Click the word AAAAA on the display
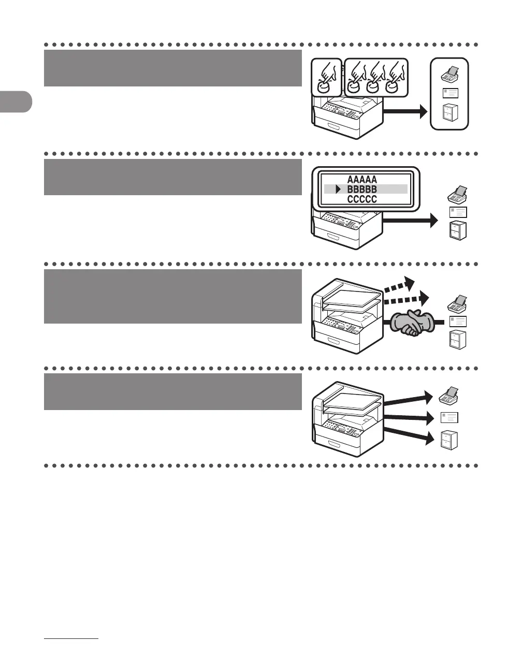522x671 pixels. coord(362,180)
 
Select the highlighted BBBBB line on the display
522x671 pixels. coord(366,189)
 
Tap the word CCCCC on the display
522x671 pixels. coord(362,199)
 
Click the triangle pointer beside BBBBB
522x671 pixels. coord(338,189)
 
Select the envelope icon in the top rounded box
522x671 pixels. coord(450,94)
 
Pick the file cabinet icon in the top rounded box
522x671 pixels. coord(450,113)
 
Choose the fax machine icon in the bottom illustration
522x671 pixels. coord(447,396)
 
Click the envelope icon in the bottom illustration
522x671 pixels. coord(449,417)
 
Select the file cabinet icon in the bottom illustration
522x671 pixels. coord(449,440)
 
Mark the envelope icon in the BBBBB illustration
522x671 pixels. coord(458,212)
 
